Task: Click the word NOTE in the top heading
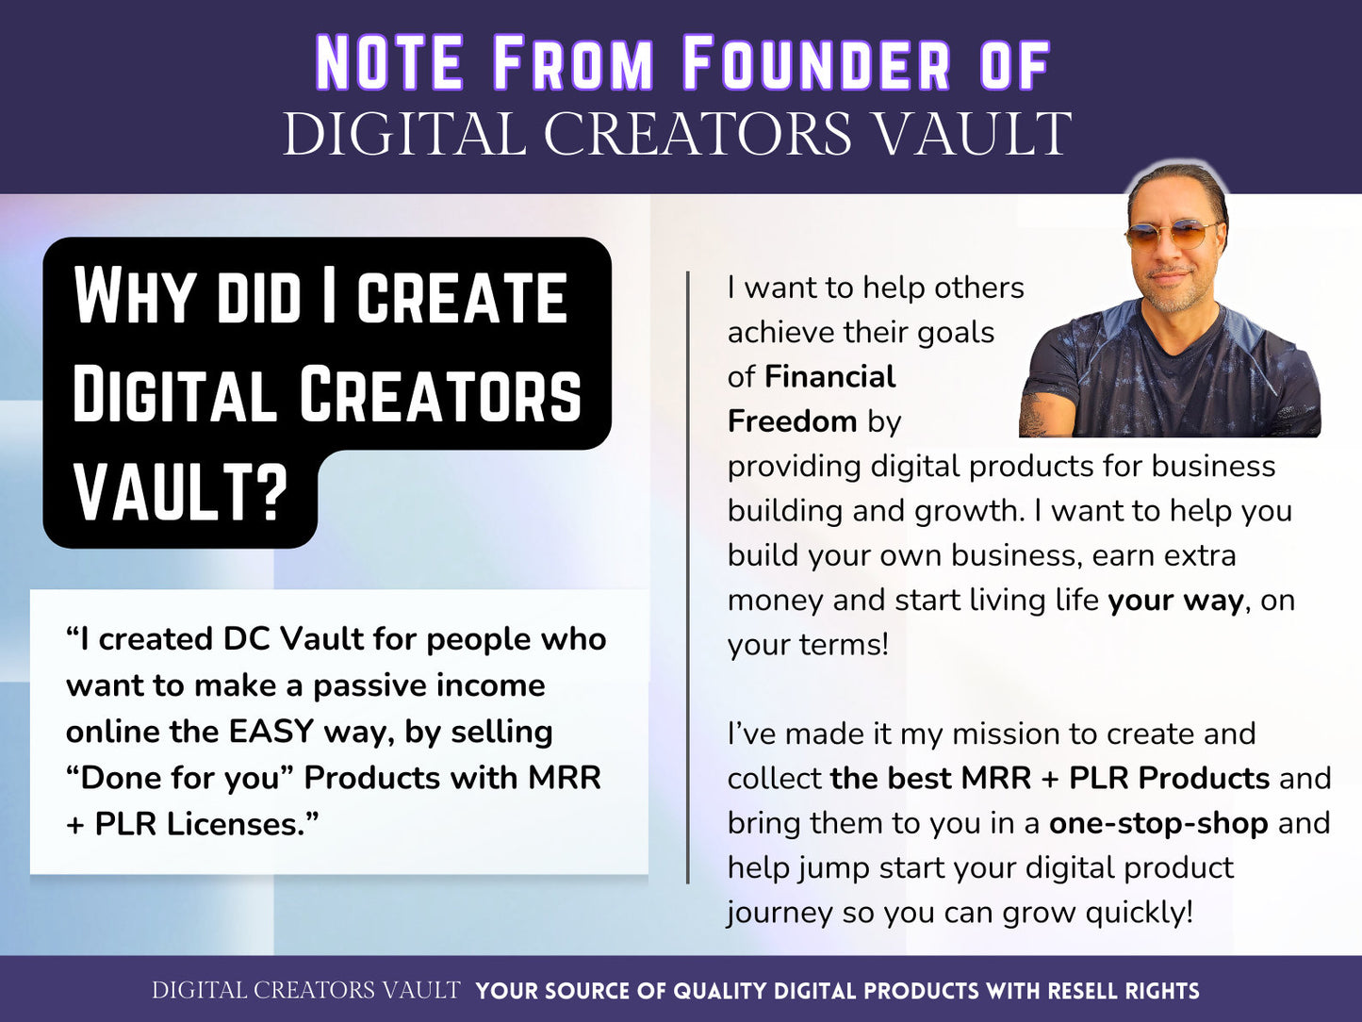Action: (388, 64)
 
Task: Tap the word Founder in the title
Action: (816, 64)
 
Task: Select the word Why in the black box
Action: (131, 296)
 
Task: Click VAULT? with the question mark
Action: (180, 492)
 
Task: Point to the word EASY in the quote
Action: (271, 732)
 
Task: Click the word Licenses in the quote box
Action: (241, 824)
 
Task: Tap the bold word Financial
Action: (829, 377)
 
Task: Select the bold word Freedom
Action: (792, 421)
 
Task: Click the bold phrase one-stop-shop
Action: (1157, 823)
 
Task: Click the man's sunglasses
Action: (1174, 235)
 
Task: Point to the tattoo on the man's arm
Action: (1037, 416)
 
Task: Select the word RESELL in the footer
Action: (1083, 991)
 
